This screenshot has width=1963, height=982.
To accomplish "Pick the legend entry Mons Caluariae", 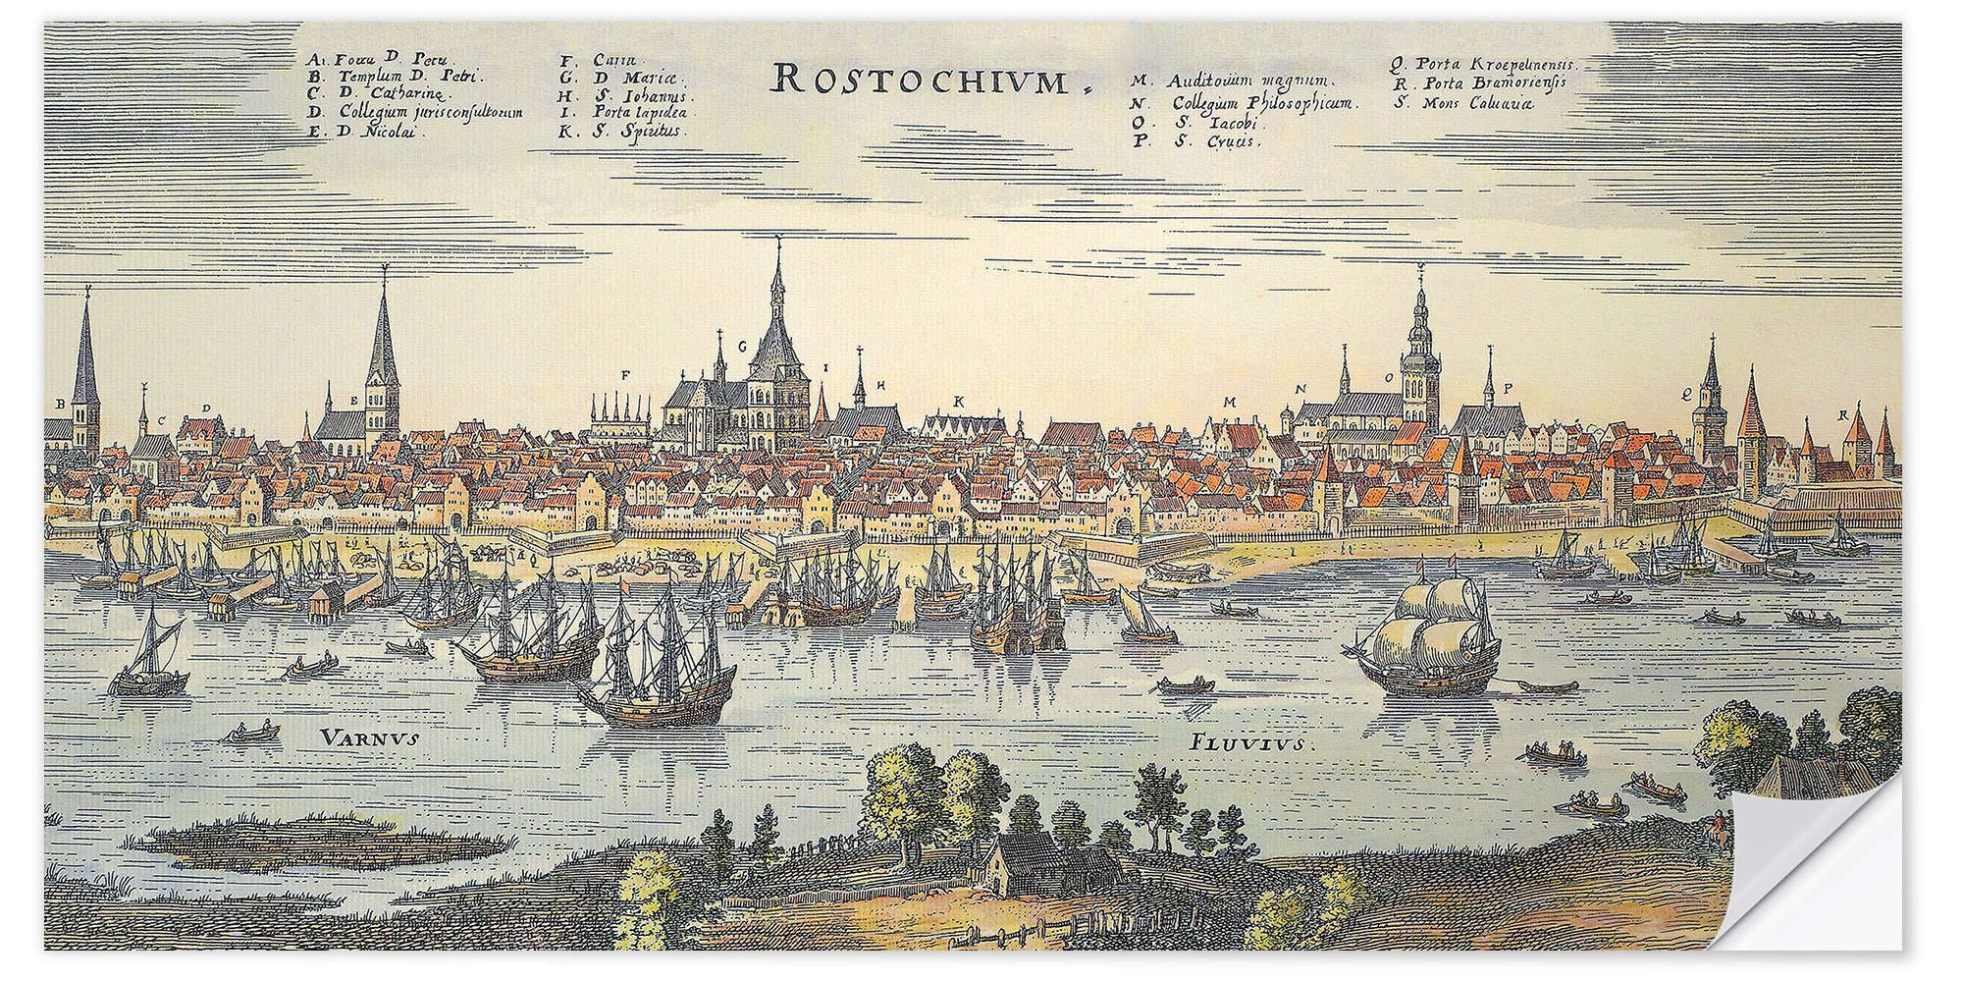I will coord(1463,102).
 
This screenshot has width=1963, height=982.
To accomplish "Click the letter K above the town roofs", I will coord(958,401).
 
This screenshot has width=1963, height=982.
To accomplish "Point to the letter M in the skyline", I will coord(1228,402).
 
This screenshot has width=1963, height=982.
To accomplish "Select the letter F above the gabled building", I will coord(625,375).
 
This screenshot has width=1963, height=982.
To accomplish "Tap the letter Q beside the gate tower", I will coord(1685,393).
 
